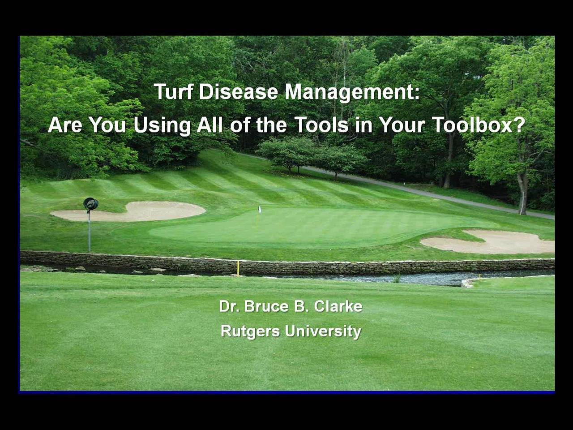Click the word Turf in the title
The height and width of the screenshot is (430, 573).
point(174,92)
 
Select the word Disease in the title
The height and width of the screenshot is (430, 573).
point(239,92)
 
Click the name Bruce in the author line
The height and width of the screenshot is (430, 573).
point(266,306)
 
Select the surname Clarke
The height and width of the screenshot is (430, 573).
point(338,306)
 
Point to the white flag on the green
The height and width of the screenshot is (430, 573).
point(260,209)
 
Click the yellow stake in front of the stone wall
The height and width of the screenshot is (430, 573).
point(238,268)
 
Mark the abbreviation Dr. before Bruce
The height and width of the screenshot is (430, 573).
point(229,306)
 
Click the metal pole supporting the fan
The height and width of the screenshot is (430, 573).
point(89,231)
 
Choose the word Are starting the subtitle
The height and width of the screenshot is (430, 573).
point(65,125)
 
